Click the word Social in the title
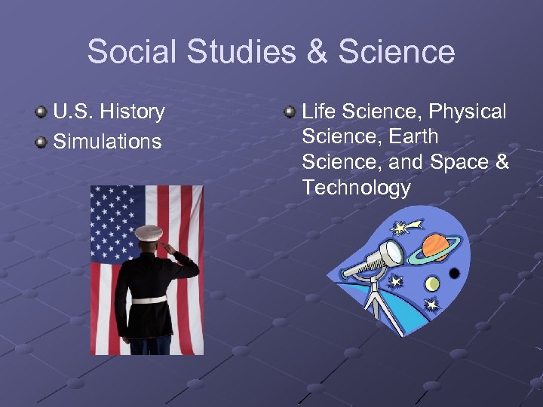pos(133,52)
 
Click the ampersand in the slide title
pos(316,52)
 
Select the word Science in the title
pos(397,52)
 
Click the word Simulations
pos(107,141)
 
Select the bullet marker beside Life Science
pos(289,113)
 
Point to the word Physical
pos(468,112)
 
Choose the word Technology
pos(356,188)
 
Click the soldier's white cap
pos(149,231)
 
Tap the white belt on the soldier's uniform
pos(149,299)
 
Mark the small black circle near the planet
pos(454,273)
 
